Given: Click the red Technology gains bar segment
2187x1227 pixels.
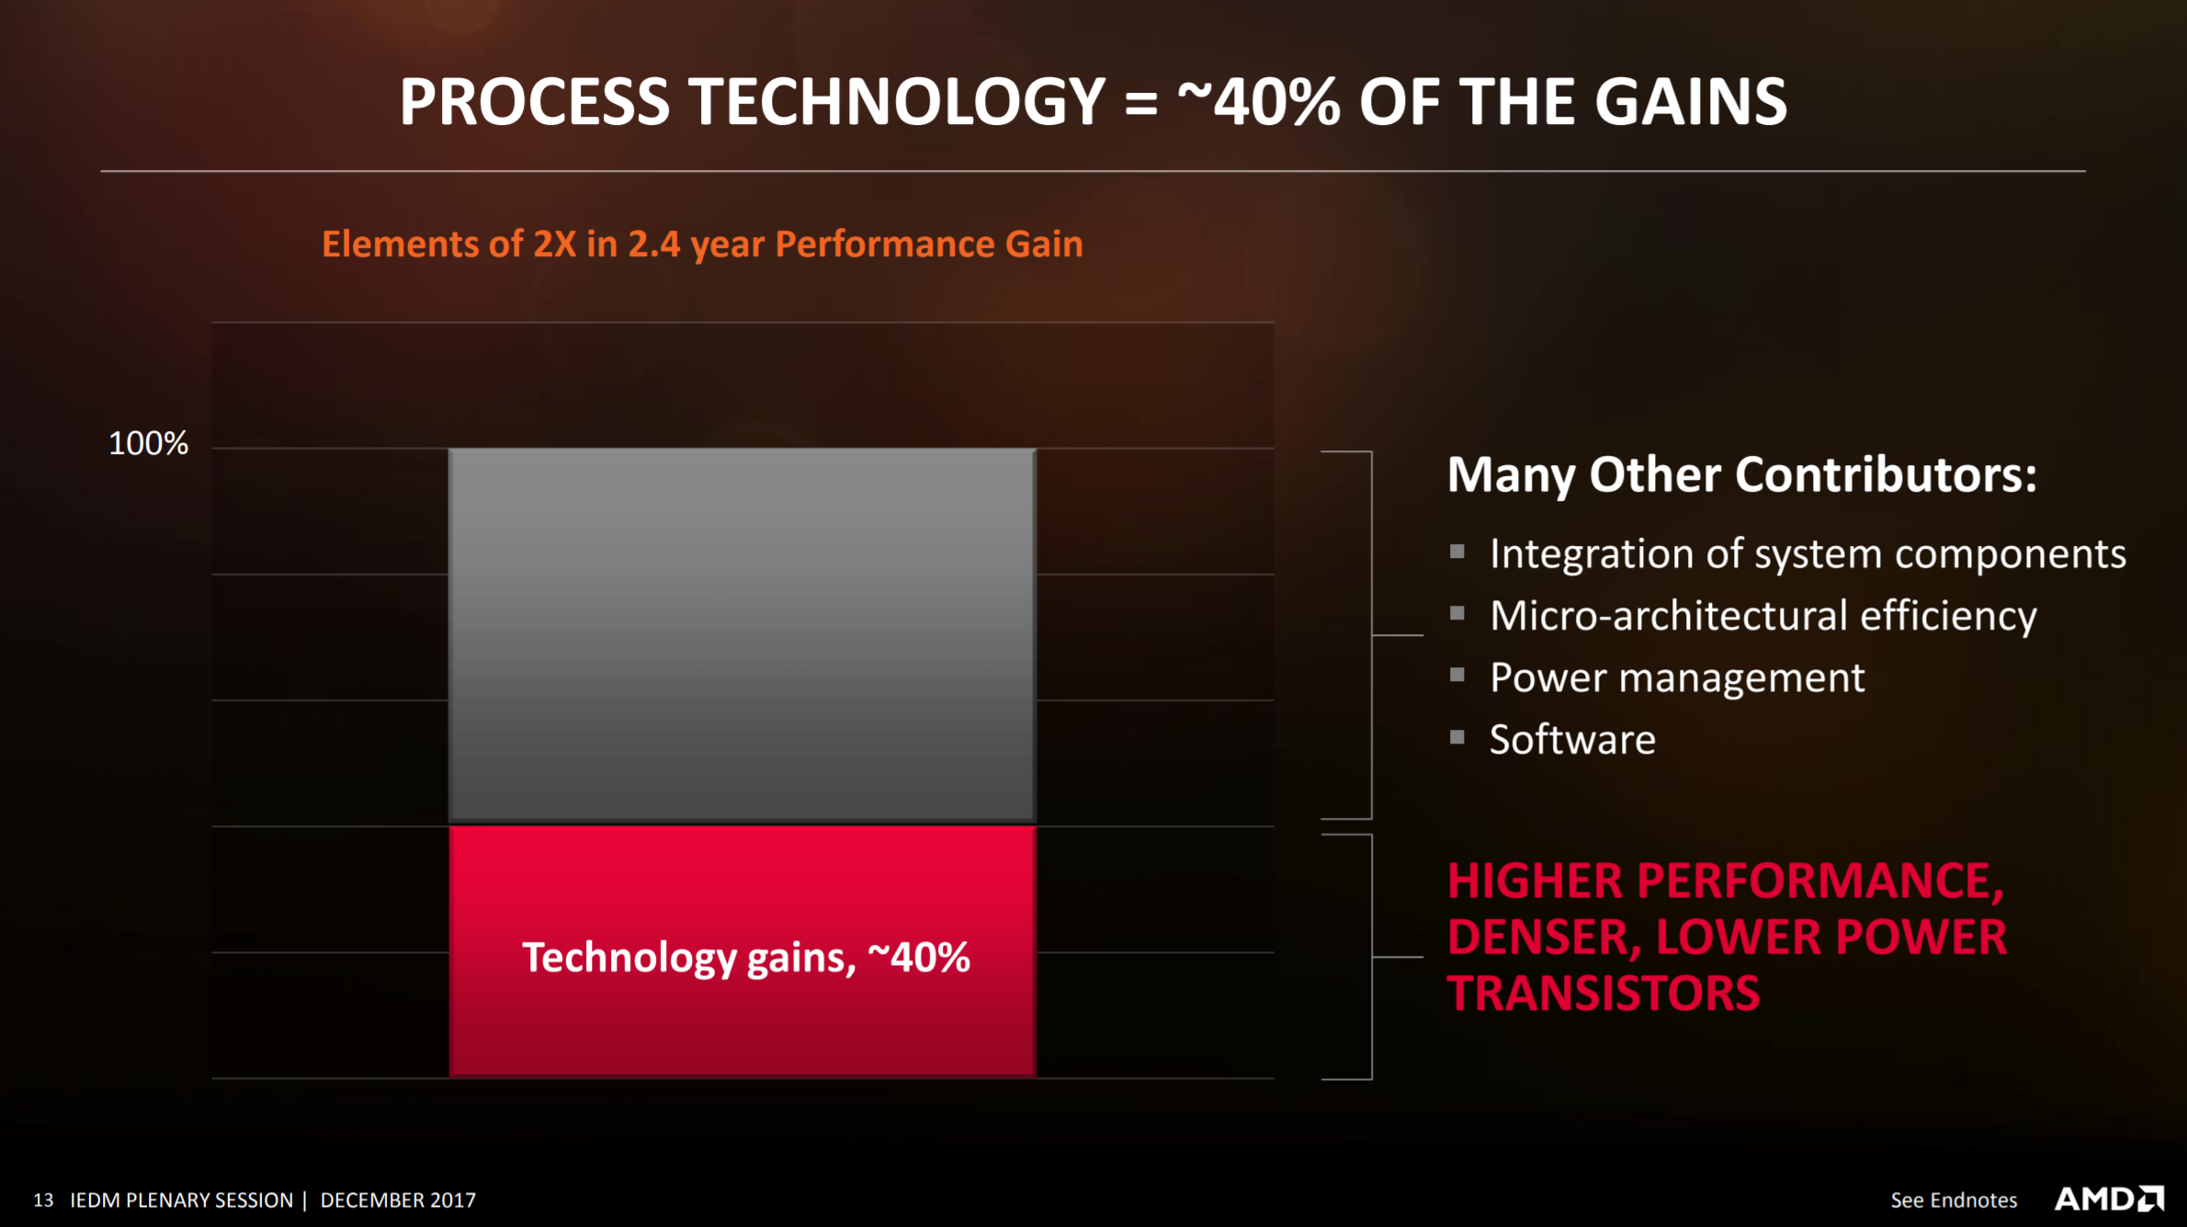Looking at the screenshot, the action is pyautogui.click(x=742, y=951).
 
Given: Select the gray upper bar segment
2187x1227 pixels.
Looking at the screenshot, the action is pyautogui.click(x=742, y=635).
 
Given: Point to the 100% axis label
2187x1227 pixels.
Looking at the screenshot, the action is pyautogui.click(x=148, y=444).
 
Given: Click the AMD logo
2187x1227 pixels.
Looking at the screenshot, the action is pyautogui.click(x=2109, y=1199).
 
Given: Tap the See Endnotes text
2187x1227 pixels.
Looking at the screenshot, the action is pyautogui.click(x=1954, y=1200).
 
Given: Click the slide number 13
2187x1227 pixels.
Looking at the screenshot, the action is pyautogui.click(x=43, y=1200).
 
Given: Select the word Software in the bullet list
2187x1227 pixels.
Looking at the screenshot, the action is pyautogui.click(x=1572, y=740).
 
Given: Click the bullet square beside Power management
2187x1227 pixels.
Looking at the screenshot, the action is pyautogui.click(x=1456, y=675).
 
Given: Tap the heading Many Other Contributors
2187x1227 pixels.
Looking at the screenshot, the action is pyautogui.click(x=1742, y=475).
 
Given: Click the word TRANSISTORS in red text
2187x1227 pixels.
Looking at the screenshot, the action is pyautogui.click(x=1603, y=994).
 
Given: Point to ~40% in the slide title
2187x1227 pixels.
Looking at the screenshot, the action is pyautogui.click(x=1259, y=101).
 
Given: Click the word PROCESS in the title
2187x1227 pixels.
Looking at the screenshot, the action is pyautogui.click(x=535, y=101).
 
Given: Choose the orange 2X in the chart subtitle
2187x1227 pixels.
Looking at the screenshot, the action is pyautogui.click(x=554, y=244).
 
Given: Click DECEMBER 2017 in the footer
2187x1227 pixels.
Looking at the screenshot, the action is pyautogui.click(x=398, y=1200).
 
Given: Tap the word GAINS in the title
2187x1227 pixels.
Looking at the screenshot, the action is pyautogui.click(x=1691, y=101).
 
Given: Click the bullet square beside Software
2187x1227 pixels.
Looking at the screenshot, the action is pyautogui.click(x=1456, y=736).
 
